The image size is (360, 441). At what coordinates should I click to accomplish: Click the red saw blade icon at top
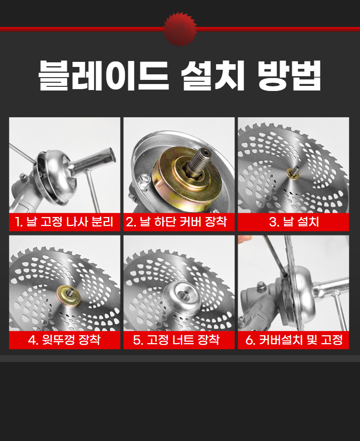click(180, 29)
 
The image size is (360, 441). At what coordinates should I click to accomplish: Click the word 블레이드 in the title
click(104, 75)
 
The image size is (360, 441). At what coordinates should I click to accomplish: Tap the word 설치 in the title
click(213, 75)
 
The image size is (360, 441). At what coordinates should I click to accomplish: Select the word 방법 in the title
click(289, 75)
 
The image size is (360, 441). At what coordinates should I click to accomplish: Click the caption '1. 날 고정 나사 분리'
click(64, 222)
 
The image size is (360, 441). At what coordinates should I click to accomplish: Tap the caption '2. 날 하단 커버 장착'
click(176, 222)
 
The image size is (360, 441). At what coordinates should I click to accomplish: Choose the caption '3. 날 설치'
click(294, 222)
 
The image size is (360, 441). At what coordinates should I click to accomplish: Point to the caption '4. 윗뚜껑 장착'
click(64, 340)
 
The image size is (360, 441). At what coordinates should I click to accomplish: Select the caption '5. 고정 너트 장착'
click(176, 340)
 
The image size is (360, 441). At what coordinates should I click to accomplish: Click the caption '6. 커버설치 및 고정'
click(294, 340)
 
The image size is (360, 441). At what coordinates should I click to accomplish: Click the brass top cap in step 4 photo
click(68, 296)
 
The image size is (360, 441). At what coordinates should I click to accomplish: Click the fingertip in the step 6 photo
click(244, 239)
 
